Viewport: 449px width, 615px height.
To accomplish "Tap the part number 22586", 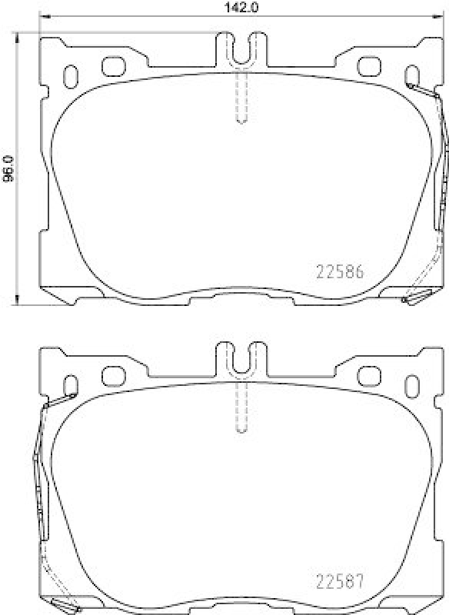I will click(340, 272).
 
